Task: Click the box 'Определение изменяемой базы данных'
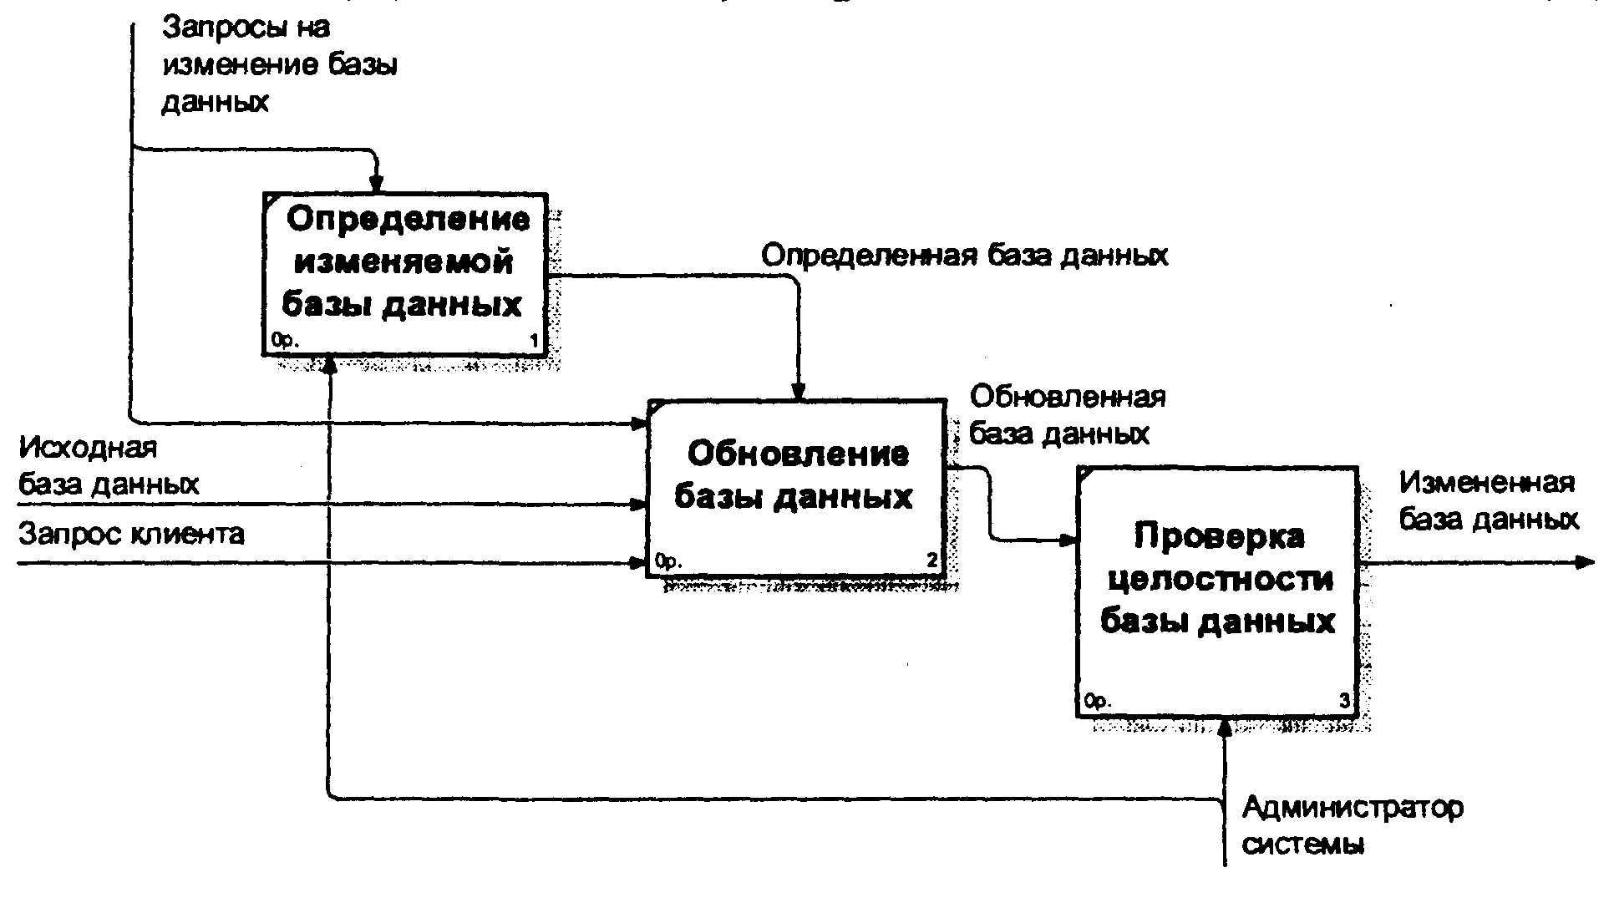[404, 273]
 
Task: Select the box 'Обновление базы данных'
[796, 489]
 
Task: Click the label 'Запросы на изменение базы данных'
[279, 65]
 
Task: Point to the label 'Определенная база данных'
[965, 254]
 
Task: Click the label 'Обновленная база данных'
[1067, 414]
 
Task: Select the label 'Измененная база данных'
[1489, 501]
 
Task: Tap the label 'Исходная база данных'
[109, 465]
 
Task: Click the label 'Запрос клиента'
[131, 533]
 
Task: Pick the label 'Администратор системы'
[1353, 825]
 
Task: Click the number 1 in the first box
[535, 340]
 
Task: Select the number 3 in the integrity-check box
[1343, 702]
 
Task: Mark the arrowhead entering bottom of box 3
[1224, 728]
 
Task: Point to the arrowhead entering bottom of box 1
[331, 365]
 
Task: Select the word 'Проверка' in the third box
[1219, 535]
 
